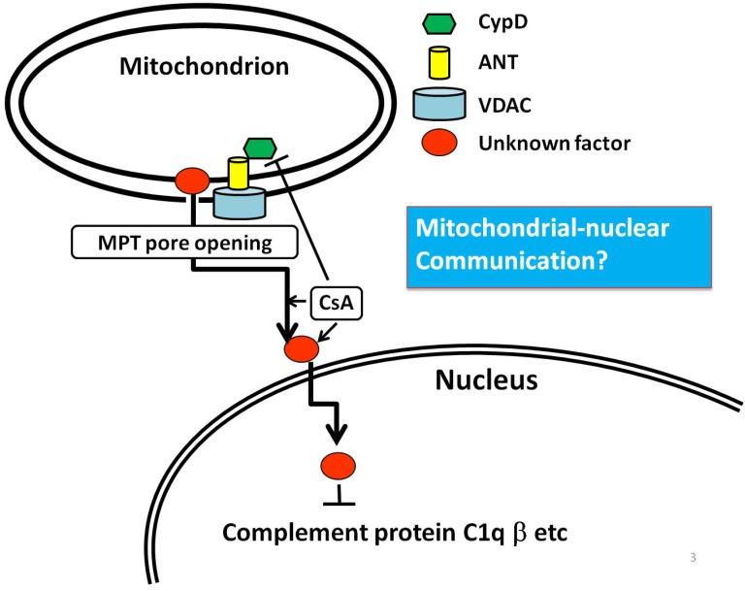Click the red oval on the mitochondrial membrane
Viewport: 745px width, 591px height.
pos(191,181)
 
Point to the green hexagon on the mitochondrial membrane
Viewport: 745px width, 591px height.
pos(259,148)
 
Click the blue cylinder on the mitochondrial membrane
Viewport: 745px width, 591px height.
pos(240,202)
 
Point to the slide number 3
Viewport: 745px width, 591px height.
pos(693,557)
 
